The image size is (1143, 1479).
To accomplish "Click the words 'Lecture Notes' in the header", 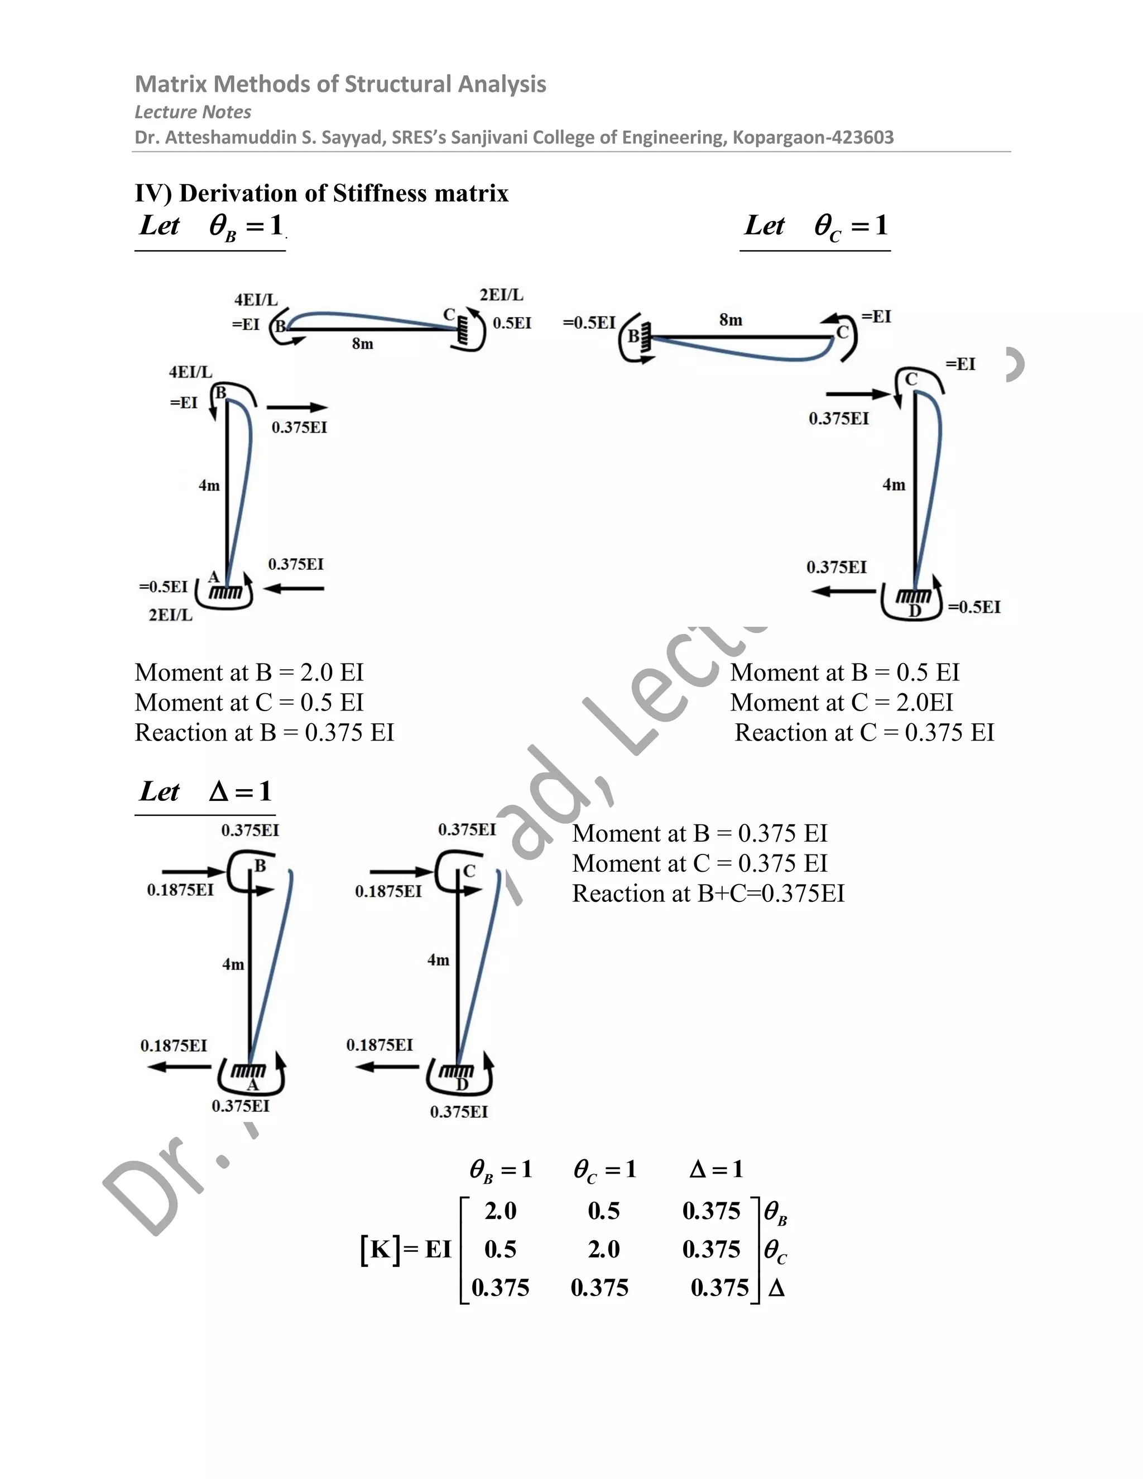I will [193, 112].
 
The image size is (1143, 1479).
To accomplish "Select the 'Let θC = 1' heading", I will [815, 226].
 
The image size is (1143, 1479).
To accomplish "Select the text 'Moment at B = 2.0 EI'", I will [249, 673].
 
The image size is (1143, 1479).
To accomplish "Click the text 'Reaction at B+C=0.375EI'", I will [708, 894].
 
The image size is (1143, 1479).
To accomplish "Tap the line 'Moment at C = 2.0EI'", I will [841, 703].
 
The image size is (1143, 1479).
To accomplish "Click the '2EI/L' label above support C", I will [501, 295].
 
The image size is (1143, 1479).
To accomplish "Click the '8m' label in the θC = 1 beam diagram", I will [731, 320].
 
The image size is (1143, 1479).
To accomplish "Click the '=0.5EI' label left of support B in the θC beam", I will [589, 323].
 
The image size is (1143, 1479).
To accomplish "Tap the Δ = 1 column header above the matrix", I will [715, 1169].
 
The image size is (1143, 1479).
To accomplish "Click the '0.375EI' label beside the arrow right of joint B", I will [299, 428].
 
